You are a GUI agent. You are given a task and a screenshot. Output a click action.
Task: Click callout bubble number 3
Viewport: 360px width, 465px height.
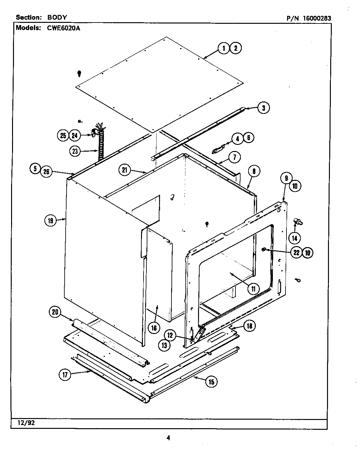pos(263,108)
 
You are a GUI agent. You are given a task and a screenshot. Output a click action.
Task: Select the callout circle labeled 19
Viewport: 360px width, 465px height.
pos(50,220)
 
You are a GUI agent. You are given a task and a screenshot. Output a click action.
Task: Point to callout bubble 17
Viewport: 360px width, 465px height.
pos(65,375)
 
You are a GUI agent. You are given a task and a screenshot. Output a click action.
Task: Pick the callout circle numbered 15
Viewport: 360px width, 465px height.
pos(211,382)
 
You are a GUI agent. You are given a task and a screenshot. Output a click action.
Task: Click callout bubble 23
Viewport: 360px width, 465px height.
pos(75,151)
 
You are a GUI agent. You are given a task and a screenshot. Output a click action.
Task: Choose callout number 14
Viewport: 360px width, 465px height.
pos(295,238)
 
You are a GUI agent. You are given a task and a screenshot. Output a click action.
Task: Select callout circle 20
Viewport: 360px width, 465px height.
pos(55,312)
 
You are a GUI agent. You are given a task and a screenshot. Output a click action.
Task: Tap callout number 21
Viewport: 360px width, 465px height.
pos(125,170)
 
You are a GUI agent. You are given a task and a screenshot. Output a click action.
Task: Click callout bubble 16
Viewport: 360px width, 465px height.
pos(154,328)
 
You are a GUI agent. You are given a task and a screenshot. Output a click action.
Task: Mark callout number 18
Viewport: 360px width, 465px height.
pos(250,326)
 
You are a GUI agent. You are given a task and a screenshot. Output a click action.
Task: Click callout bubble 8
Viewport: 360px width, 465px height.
pos(254,171)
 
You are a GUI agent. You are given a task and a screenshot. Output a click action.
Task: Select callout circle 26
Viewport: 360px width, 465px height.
pos(46,172)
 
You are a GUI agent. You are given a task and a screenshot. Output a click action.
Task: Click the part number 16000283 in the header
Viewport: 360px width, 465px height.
pos(317,18)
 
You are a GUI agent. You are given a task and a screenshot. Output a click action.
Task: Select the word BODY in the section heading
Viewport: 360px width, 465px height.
pos(57,17)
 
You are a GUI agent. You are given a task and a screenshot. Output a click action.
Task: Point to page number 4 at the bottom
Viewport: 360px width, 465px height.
pos(169,438)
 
